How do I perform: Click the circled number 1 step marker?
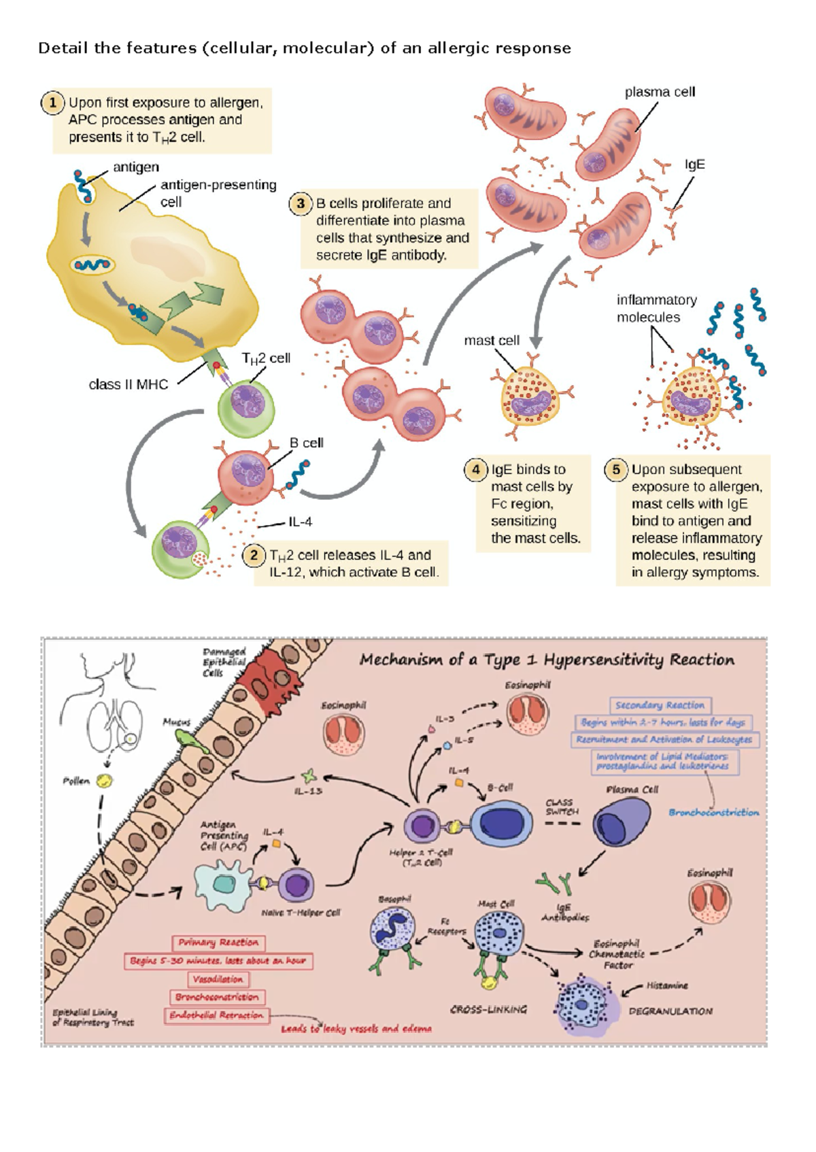tap(52, 103)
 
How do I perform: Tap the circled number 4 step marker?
tap(475, 469)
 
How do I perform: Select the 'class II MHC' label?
tap(128, 385)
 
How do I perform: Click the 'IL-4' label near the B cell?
tap(300, 522)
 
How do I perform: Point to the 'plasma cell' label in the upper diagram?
tap(660, 92)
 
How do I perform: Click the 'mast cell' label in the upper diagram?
tap(491, 341)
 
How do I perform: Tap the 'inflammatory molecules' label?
tap(647, 309)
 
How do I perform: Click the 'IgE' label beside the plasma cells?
tap(694, 165)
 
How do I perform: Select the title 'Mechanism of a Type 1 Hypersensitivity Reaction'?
tap(547, 660)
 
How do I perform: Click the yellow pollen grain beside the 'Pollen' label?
tap(105, 781)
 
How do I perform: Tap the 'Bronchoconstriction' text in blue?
tap(713, 813)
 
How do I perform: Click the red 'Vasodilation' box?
tap(218, 979)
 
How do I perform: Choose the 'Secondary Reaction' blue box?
tap(660, 705)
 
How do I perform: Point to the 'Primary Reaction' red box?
tap(218, 943)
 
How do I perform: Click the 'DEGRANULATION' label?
tap(670, 1011)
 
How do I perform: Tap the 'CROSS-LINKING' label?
tap(488, 1010)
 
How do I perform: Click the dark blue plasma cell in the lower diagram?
tap(617, 823)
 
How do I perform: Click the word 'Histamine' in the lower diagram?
tap(667, 985)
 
